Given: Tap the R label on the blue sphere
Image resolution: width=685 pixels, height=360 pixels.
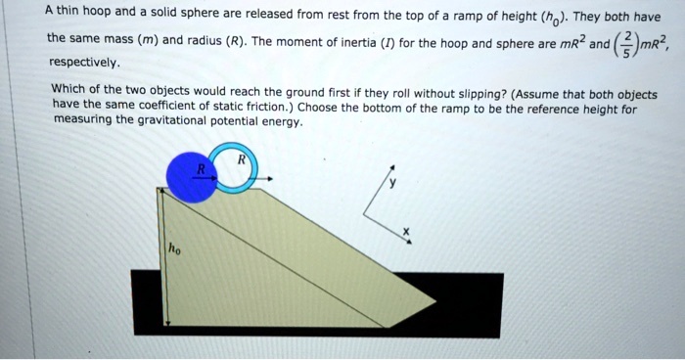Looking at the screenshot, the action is coord(202,168).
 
